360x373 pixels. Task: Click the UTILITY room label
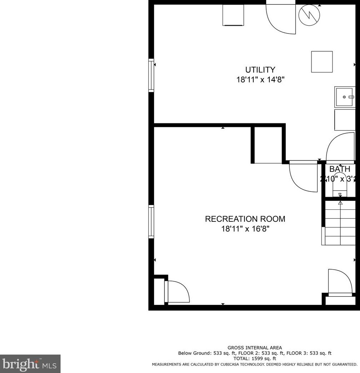(260, 70)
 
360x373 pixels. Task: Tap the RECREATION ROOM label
(245, 219)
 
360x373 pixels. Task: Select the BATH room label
(340, 169)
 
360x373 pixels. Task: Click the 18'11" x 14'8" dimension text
(260, 80)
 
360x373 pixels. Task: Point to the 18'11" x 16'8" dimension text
(245, 229)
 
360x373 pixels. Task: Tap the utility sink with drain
(345, 97)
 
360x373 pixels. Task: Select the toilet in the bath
(340, 185)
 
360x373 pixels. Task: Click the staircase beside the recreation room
(340, 223)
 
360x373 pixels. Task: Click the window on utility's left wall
(151, 75)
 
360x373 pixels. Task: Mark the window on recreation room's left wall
(151, 222)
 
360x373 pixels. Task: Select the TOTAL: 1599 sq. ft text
(255, 358)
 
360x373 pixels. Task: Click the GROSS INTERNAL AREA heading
(255, 348)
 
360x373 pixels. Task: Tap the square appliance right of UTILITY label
(322, 62)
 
